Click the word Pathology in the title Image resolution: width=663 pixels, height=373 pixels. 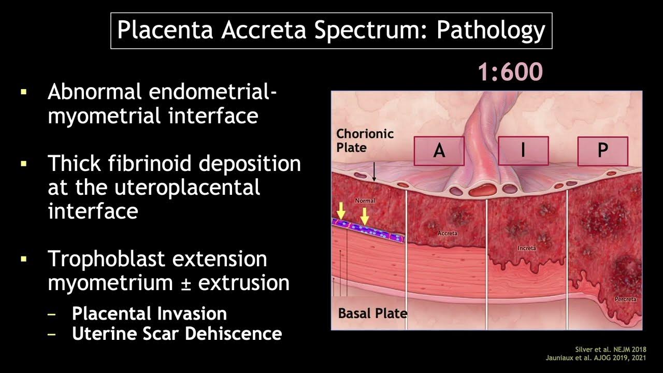pyautogui.click(x=490, y=31)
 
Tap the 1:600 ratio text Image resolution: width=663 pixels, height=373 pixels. pyautogui.click(x=510, y=72)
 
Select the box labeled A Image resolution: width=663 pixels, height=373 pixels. pyautogui.click(x=439, y=151)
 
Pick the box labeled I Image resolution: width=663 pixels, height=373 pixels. pyautogui.click(x=523, y=150)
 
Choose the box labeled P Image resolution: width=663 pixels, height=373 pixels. pyautogui.click(x=602, y=151)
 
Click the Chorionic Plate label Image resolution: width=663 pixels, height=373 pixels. pyautogui.click(x=365, y=140)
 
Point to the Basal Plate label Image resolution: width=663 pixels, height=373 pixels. pyautogui.click(x=372, y=313)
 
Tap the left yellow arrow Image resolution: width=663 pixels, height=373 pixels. pyautogui.click(x=340, y=211)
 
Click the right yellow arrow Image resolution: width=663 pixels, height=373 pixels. pyautogui.click(x=365, y=216)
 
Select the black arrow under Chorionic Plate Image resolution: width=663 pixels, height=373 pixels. pyautogui.click(x=373, y=171)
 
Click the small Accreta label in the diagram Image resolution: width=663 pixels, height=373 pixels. pyautogui.click(x=447, y=233)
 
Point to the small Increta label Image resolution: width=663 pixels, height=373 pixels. pyautogui.click(x=526, y=248)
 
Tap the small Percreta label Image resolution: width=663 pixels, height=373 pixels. pyautogui.click(x=625, y=299)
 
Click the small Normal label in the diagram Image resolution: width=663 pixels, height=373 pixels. pyautogui.click(x=365, y=200)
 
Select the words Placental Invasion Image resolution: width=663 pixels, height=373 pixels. pyautogui.click(x=149, y=313)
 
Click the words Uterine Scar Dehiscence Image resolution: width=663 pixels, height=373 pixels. pyautogui.click(x=177, y=334)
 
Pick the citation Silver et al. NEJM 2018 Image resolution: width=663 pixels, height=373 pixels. pyautogui.click(x=611, y=349)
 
